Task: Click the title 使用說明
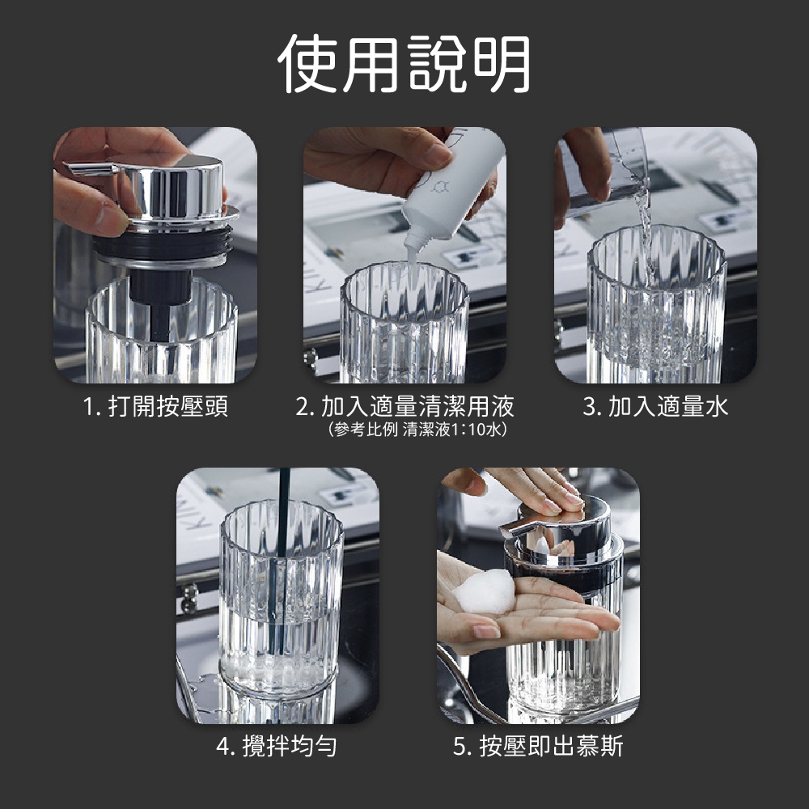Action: point(404,64)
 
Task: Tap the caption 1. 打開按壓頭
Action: point(155,407)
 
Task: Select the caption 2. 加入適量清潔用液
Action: point(404,407)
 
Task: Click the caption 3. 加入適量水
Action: point(655,407)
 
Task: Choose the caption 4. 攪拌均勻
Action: point(277,746)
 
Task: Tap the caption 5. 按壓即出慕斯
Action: point(538,746)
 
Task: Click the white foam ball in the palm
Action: point(485,592)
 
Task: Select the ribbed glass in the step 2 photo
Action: point(404,323)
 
